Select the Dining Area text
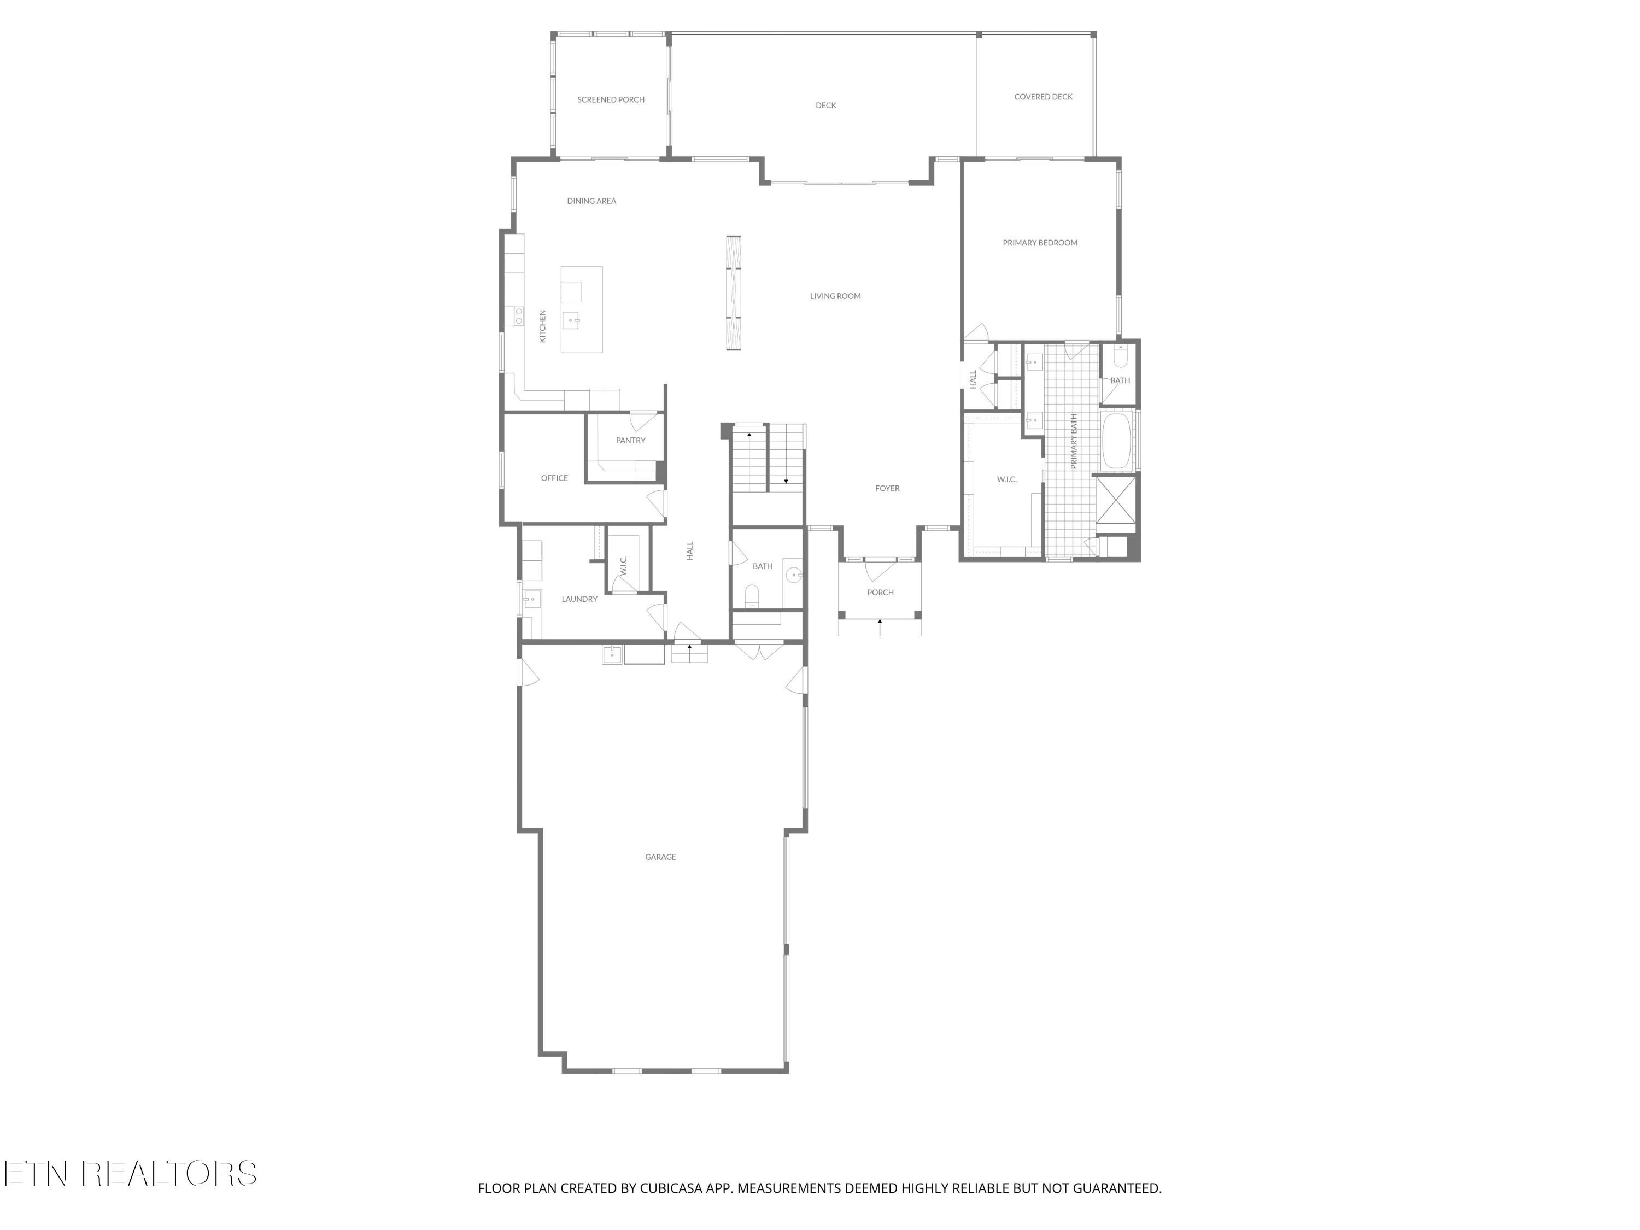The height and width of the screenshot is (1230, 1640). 591,201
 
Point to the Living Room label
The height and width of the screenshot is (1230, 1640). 835,296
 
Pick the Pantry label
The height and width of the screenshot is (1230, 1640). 630,441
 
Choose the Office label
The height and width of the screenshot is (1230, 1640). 554,478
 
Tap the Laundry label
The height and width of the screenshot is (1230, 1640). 579,599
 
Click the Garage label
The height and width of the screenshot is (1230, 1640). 660,857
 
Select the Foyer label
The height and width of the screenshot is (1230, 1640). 887,489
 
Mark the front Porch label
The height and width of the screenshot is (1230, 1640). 880,593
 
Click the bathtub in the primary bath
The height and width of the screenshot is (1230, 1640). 1115,441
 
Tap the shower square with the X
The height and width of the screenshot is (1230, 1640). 1115,500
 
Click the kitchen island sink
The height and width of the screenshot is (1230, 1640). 571,320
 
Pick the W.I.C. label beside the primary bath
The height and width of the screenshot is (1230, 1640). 1006,479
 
